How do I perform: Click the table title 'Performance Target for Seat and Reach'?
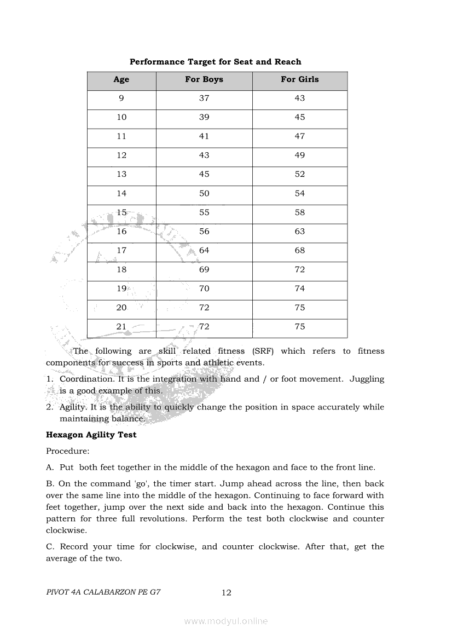pos(215,62)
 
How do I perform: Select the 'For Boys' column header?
pos(204,79)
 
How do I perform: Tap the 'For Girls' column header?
pos(299,79)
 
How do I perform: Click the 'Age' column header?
pos(121,79)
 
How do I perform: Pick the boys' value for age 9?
pos(204,99)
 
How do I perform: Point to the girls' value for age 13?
pos(299,175)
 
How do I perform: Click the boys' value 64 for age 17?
pos(204,251)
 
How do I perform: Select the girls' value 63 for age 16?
pos(299,232)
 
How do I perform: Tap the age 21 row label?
pos(121,327)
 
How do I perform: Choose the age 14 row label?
pos(121,194)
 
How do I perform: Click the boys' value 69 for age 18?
pos(204,270)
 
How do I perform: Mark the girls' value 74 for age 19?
pos(299,289)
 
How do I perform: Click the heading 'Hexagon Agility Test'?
pos(91,435)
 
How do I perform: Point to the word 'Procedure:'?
pos(67,452)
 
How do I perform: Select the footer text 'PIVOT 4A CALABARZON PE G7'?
pos(103,592)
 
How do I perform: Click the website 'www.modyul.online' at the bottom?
pos(226,621)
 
